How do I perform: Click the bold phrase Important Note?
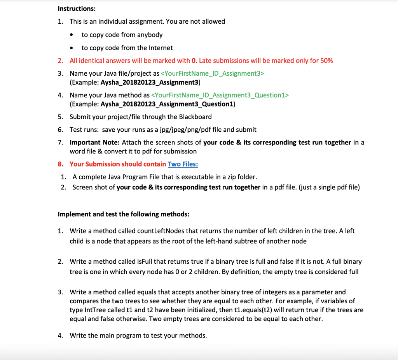click(x=95, y=143)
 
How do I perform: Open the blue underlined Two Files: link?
click(x=183, y=164)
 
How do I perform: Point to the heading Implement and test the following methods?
click(x=124, y=214)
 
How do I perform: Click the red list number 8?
click(x=60, y=164)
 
